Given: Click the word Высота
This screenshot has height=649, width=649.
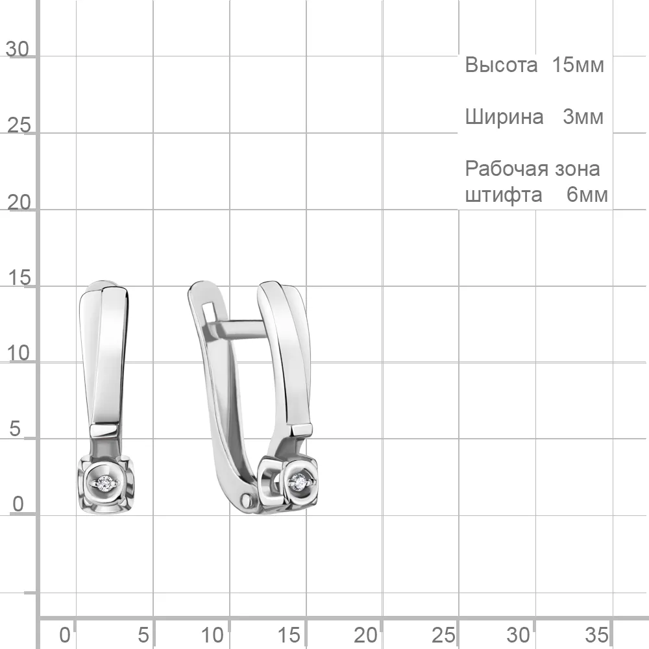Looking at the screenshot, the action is (501, 64).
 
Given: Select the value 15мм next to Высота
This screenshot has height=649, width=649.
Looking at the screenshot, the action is (578, 64).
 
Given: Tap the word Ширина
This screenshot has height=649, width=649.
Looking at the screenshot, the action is (504, 117).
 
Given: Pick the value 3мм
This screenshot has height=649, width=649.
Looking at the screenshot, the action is (583, 117).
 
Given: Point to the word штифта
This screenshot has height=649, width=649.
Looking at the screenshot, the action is (504, 195).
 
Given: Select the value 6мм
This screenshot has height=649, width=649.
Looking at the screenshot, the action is (587, 195).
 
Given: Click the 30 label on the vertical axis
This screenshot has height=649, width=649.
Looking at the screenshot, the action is (18, 49).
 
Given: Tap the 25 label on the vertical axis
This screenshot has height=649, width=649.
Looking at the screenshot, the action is (19, 125).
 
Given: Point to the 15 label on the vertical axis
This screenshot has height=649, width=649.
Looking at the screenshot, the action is (19, 278).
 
